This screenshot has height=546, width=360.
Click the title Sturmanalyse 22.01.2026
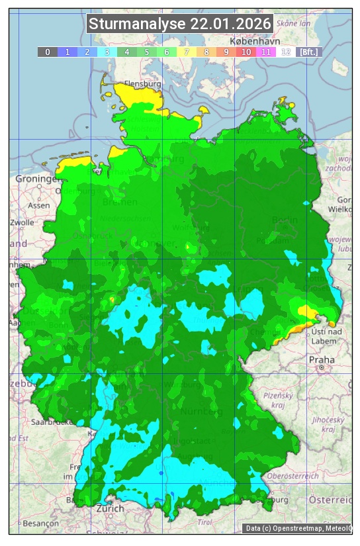180,24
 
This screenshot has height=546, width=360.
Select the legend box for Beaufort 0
48,52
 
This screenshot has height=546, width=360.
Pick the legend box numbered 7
187,52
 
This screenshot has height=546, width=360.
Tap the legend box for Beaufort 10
246,52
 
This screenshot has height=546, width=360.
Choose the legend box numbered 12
286,52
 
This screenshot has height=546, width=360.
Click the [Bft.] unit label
308,52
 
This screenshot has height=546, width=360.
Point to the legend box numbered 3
107,52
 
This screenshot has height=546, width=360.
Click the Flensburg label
143,85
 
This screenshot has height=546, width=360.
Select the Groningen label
38,179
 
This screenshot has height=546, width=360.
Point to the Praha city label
321,359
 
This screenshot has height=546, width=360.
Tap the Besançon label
40,523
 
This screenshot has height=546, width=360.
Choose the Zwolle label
22,222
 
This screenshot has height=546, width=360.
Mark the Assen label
39,205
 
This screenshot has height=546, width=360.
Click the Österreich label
335,498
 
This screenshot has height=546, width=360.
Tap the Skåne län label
293,23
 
